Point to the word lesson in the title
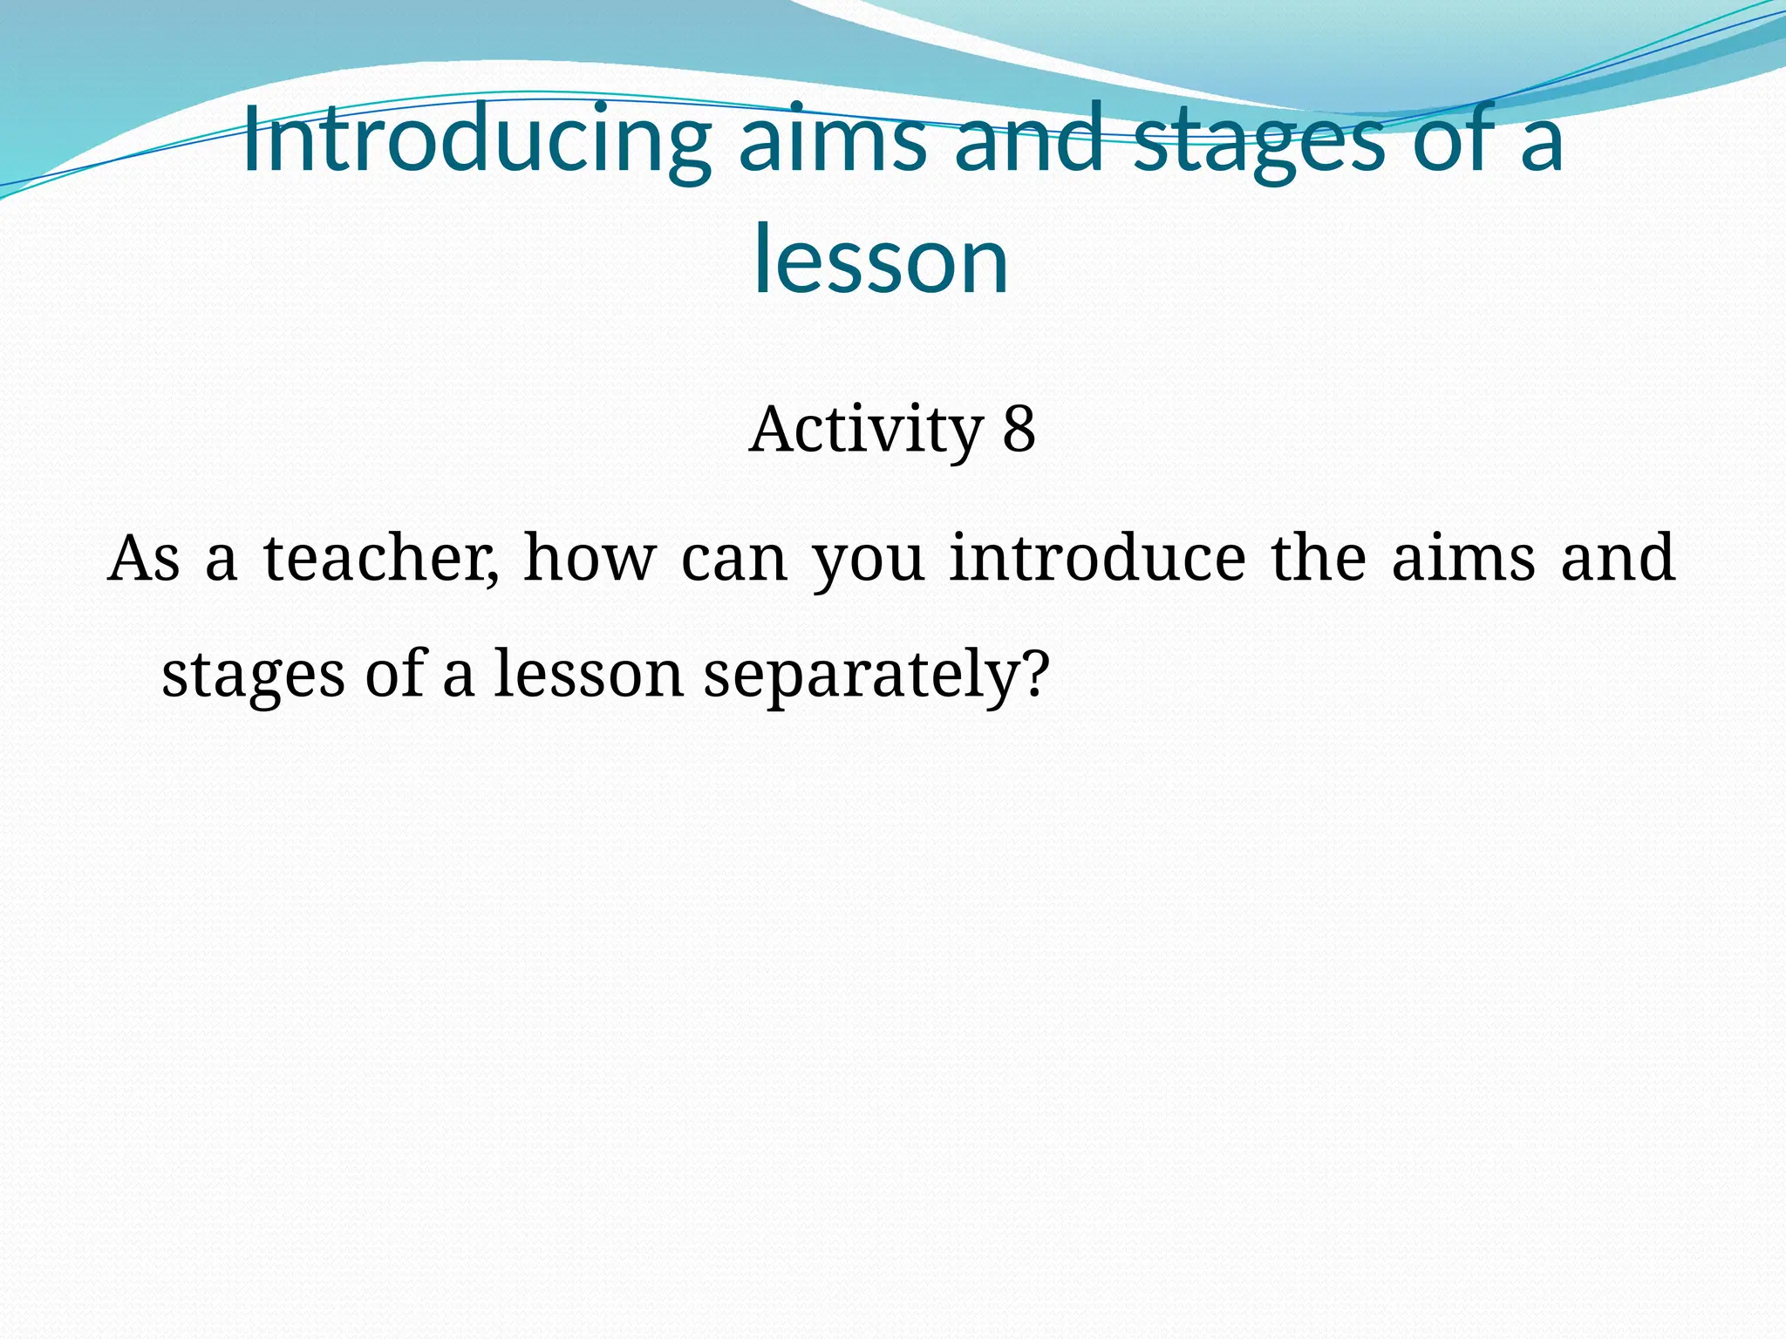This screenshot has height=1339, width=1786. (881, 260)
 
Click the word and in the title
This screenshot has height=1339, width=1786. (1029, 139)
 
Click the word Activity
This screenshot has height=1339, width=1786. (864, 431)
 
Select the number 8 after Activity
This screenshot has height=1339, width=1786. (1018, 430)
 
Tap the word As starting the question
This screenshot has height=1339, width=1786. (143, 558)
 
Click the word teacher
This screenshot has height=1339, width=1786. (381, 558)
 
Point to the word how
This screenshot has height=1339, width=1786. (589, 558)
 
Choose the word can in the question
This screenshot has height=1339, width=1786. (733, 560)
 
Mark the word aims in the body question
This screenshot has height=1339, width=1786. (1462, 558)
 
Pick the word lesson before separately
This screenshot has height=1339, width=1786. (588, 674)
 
